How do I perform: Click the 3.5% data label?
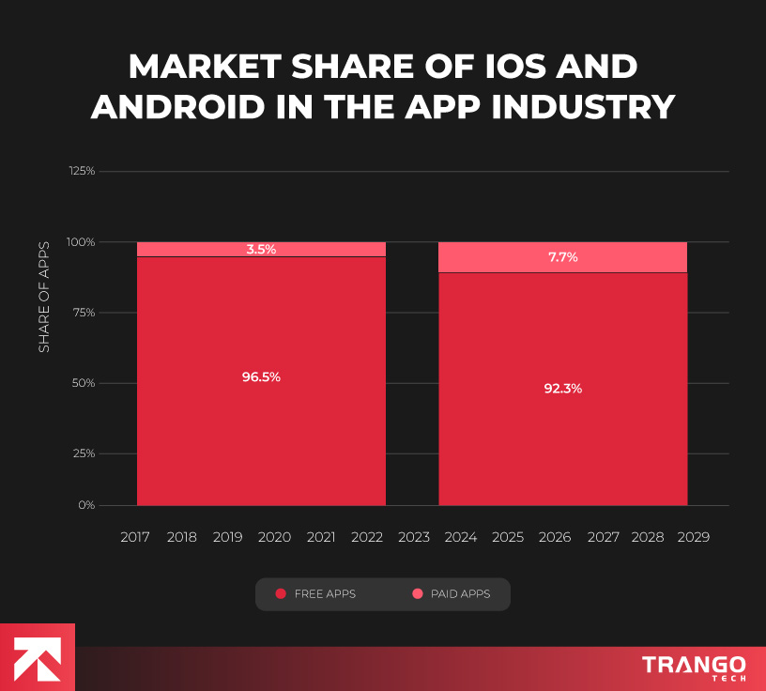pos(261,249)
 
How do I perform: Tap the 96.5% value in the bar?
pos(261,376)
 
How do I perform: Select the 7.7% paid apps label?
pos(563,256)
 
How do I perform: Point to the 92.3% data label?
pos(563,388)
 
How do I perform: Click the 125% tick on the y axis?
pos(82,171)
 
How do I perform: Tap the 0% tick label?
pos(86,505)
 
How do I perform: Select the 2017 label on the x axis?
pos(136,537)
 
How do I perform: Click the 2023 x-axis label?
pos(414,537)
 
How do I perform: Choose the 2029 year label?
pos(693,537)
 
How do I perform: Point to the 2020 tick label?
pos(274,537)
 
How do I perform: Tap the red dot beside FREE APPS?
pos(280,594)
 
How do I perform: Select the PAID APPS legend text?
pos(460,594)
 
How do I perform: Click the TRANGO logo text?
pos(694,665)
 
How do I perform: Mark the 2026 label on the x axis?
pos(554,537)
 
